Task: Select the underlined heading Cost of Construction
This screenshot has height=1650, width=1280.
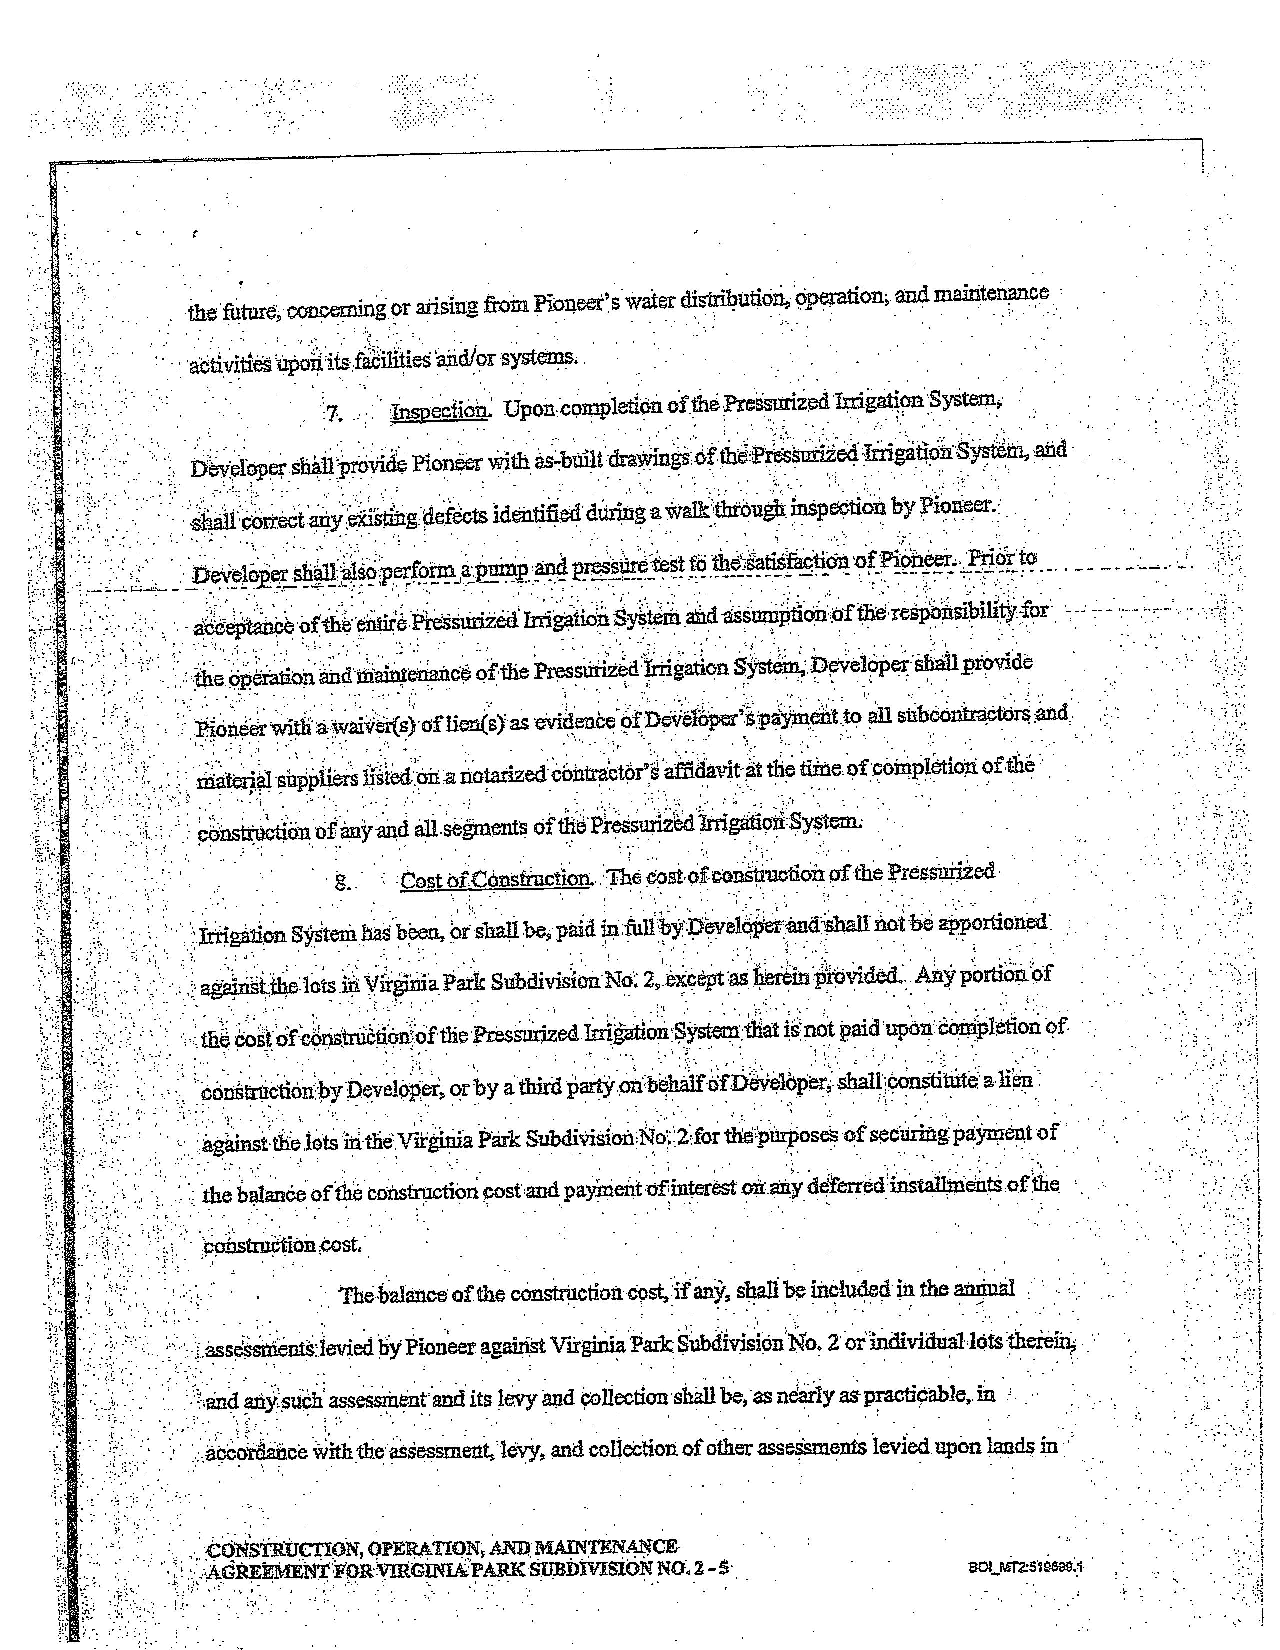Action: coord(495,879)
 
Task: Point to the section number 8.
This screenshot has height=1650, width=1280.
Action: coord(342,882)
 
